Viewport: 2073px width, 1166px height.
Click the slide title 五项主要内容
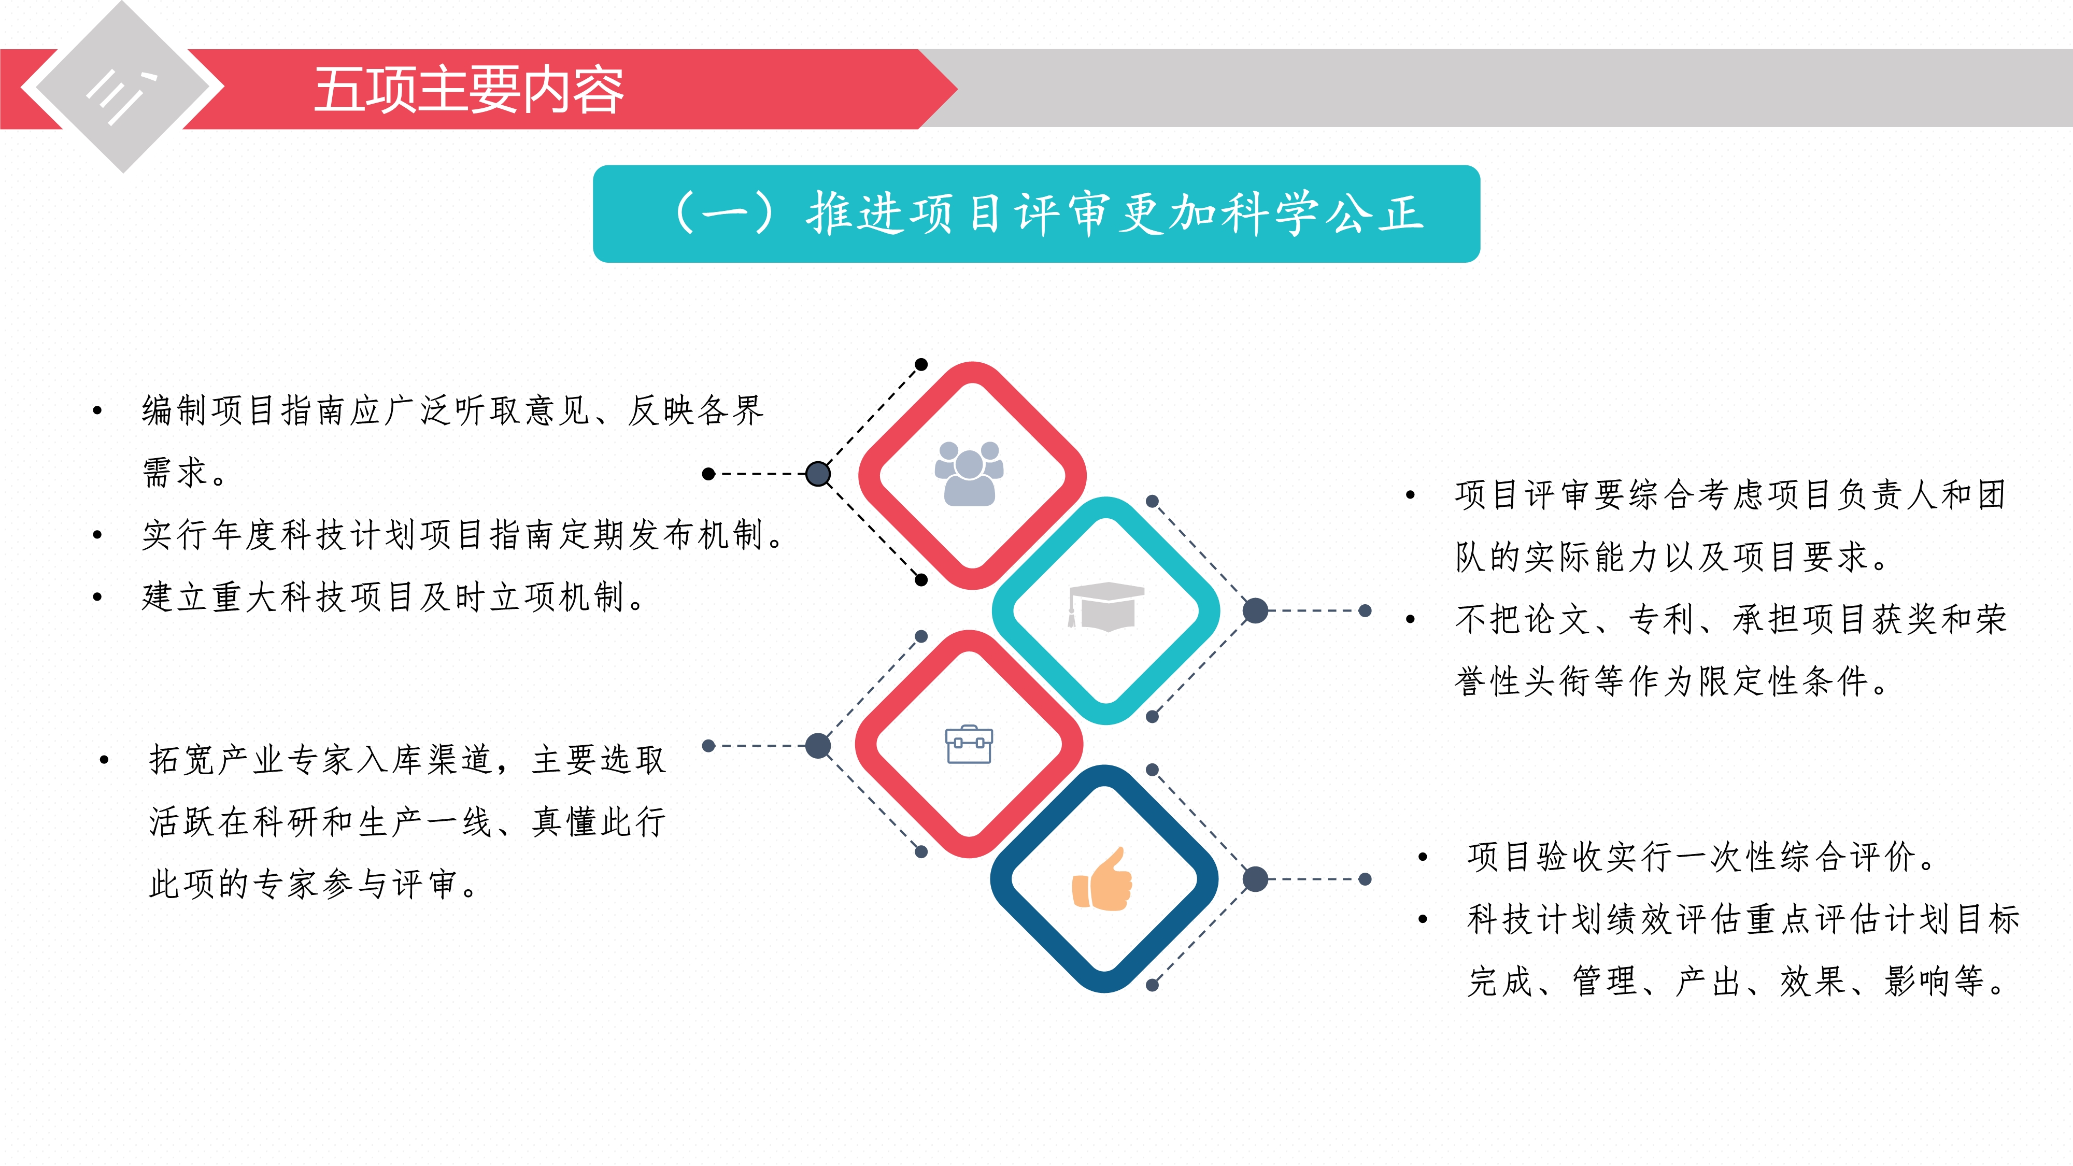[x=468, y=90]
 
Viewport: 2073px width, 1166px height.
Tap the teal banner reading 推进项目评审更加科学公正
[x=1036, y=214]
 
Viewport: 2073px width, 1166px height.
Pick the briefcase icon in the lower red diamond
[x=969, y=744]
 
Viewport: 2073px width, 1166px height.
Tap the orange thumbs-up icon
[x=1102, y=879]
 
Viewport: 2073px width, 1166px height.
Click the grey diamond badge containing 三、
[x=122, y=87]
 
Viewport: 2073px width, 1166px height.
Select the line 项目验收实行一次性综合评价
[x=1703, y=857]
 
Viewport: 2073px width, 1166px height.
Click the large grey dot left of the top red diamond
[x=818, y=474]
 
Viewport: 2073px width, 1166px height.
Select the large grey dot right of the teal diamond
[x=1255, y=611]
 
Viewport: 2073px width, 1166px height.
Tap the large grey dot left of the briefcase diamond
[x=818, y=745]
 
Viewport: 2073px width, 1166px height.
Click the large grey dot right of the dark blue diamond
[x=1255, y=879]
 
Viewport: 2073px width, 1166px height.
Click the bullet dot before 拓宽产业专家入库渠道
[x=104, y=760]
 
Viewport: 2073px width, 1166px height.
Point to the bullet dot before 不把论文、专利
[x=1410, y=619]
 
